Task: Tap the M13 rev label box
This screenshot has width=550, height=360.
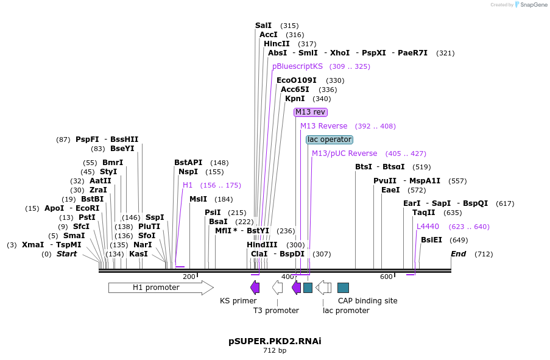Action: click(311, 112)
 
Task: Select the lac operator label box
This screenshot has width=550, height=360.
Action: click(329, 139)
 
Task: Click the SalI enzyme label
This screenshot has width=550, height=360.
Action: click(264, 26)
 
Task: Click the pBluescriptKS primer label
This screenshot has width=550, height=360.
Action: click(297, 66)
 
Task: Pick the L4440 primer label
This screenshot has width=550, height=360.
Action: click(428, 227)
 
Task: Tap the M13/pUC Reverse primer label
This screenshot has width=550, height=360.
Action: click(344, 154)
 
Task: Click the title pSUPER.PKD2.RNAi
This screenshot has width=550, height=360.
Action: click(275, 341)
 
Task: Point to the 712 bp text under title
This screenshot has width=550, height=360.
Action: click(275, 351)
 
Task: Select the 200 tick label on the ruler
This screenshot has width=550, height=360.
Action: click(189, 277)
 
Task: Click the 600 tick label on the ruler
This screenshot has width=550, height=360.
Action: click(386, 277)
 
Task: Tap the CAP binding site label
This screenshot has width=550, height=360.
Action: click(367, 301)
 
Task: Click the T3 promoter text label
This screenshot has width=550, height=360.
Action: click(276, 311)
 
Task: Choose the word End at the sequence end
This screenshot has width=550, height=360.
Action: click(459, 254)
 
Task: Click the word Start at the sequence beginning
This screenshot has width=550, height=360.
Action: click(67, 254)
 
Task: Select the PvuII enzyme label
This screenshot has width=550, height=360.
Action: click(385, 181)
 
